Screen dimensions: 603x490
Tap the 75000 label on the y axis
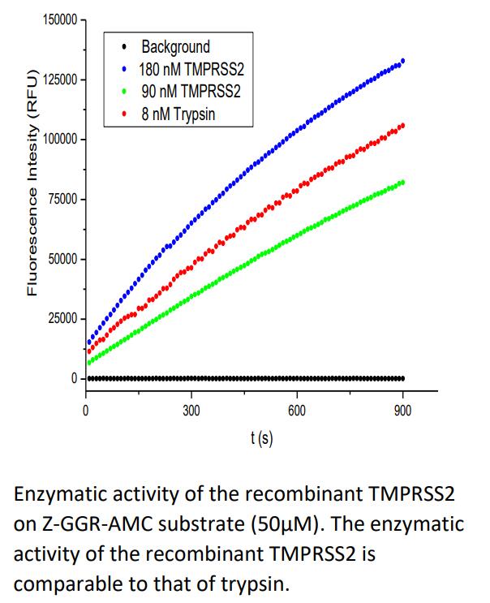pos(60,199)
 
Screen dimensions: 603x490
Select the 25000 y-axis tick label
pos(60,319)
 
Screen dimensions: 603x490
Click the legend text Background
pos(175,47)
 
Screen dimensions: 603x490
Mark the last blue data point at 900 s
pos(403,60)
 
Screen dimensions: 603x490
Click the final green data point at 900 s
pos(403,182)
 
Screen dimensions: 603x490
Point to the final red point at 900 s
pos(403,125)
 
